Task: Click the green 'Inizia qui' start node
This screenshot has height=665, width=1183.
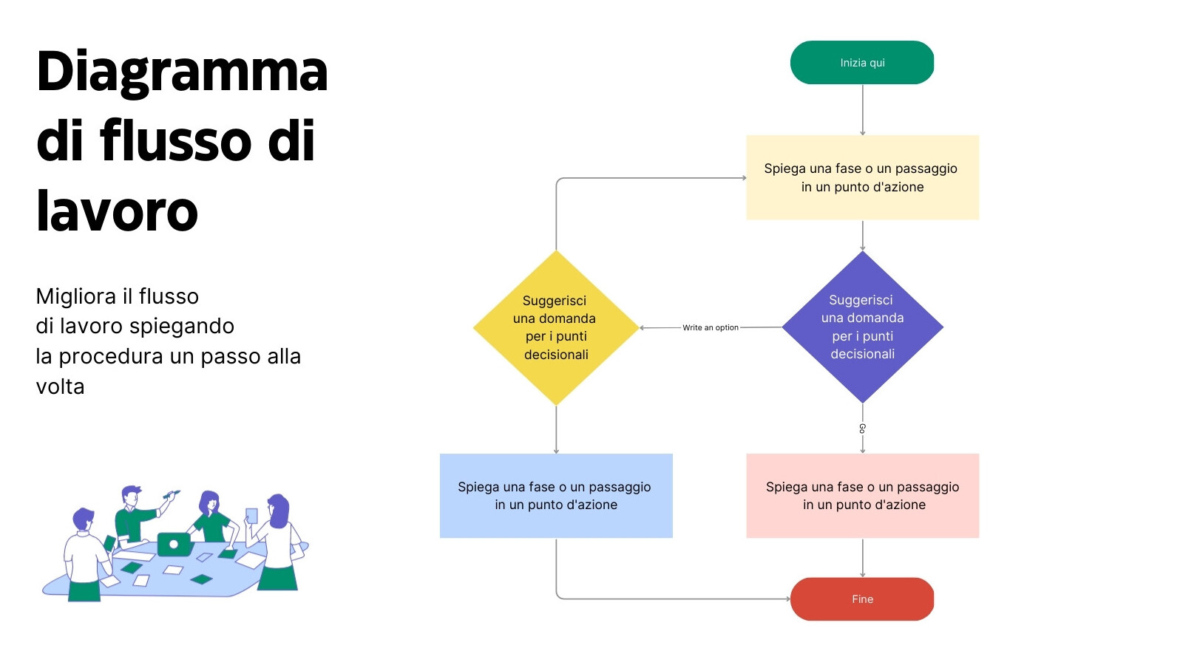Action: [862, 63]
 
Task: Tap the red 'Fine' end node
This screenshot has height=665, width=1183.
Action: [862, 599]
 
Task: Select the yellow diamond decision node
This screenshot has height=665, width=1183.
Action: [556, 327]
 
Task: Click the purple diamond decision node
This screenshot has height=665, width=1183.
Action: [862, 327]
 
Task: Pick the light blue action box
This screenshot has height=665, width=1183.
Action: [556, 496]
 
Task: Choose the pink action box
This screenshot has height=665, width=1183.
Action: [862, 496]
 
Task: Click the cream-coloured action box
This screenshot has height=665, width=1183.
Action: [862, 177]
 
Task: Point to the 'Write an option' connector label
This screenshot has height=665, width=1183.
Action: [710, 327]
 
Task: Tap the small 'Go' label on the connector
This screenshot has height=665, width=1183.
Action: [862, 429]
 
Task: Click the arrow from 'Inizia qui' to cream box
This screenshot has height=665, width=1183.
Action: [862, 109]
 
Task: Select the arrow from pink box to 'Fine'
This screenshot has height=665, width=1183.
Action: [862, 558]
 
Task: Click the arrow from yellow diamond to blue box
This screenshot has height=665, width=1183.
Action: [556, 429]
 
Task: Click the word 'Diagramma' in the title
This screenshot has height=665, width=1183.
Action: [182, 72]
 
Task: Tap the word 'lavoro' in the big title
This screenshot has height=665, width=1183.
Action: [117, 211]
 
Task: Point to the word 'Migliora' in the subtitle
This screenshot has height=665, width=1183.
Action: [76, 296]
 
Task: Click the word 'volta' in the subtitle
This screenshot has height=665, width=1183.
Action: [60, 386]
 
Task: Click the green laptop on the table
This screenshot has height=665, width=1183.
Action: [174, 545]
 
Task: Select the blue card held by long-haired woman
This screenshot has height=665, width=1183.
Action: [251, 516]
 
